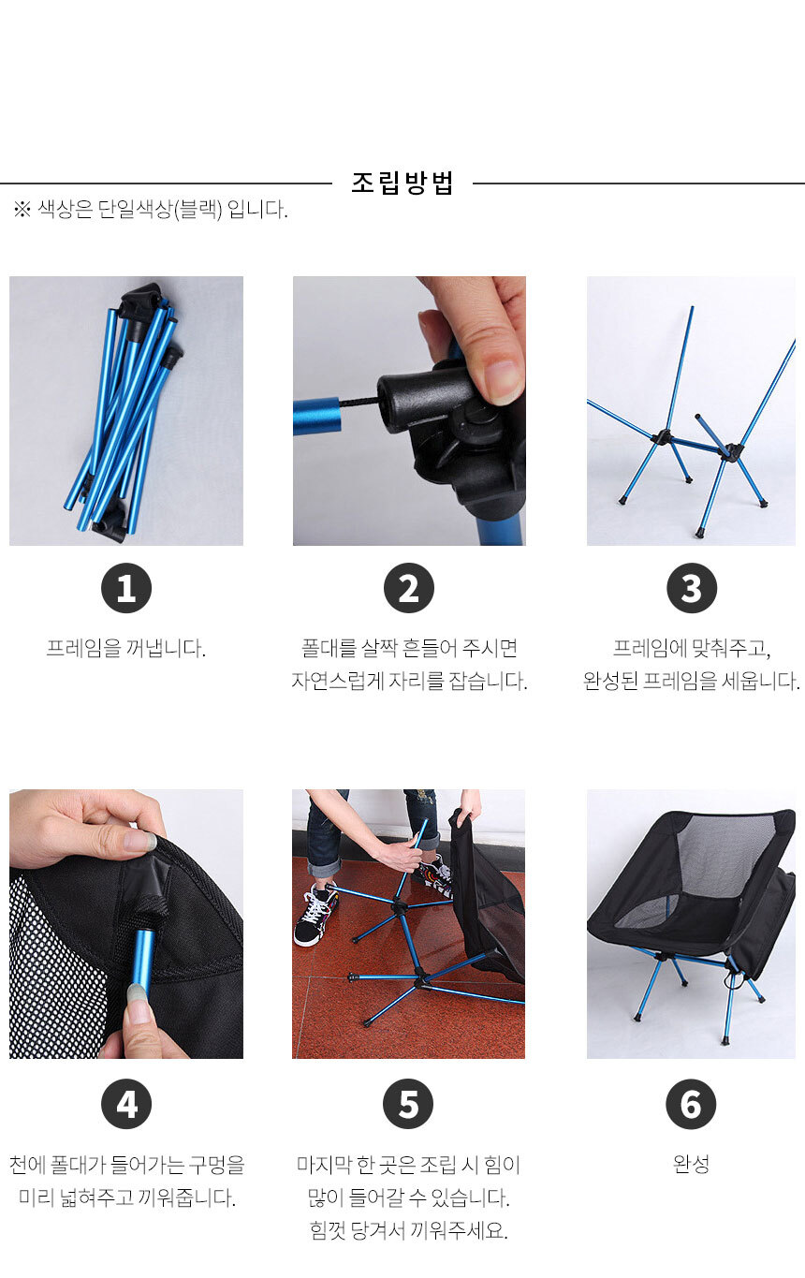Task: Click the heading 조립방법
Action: click(402, 184)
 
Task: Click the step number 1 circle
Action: click(126, 588)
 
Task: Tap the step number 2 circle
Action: click(408, 588)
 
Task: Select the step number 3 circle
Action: click(692, 588)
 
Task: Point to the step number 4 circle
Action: click(126, 1104)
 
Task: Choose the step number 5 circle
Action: click(408, 1104)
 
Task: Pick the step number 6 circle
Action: click(690, 1104)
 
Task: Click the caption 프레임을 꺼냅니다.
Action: click(126, 649)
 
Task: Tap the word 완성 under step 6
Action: click(691, 1164)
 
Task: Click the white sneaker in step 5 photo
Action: click(315, 914)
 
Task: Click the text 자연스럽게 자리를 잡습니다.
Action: click(409, 682)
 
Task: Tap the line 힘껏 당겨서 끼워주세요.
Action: click(408, 1230)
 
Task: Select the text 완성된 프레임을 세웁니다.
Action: click(692, 682)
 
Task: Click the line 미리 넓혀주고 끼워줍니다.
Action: click(126, 1197)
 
